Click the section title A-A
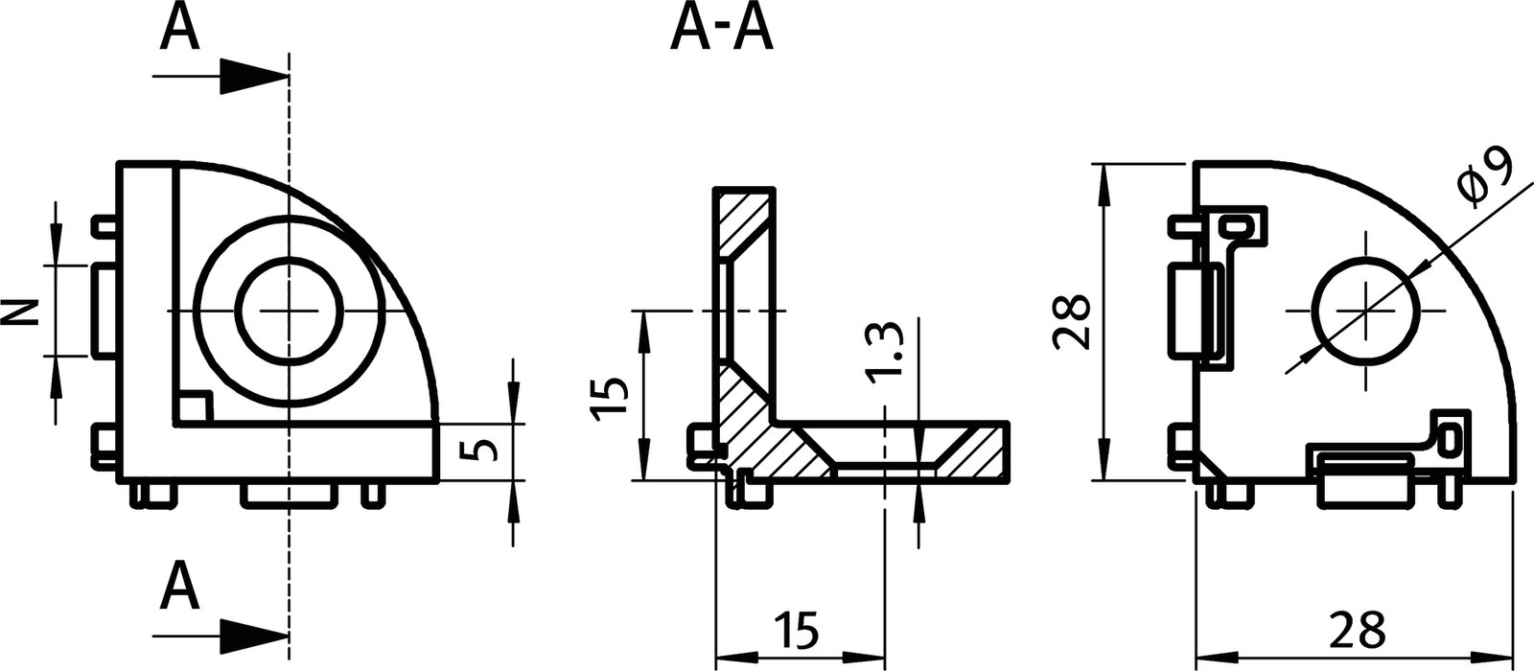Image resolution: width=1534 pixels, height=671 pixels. (721, 28)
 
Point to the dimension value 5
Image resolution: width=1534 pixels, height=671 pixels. (486, 450)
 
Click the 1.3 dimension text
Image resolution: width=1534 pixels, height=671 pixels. (886, 353)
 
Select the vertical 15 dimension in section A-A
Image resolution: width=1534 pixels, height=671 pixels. (609, 395)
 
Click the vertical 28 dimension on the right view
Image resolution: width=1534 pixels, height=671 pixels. (1069, 321)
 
